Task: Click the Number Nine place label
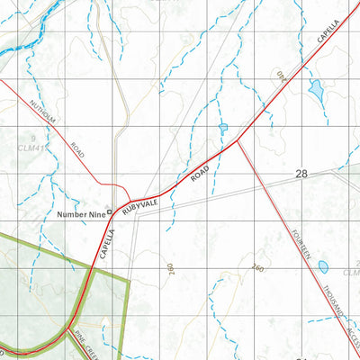point(79,213)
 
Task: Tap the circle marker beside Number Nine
point(110,212)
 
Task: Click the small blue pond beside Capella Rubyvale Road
point(222,130)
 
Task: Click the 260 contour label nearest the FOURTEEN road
point(259,267)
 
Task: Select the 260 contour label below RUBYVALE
point(169,267)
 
